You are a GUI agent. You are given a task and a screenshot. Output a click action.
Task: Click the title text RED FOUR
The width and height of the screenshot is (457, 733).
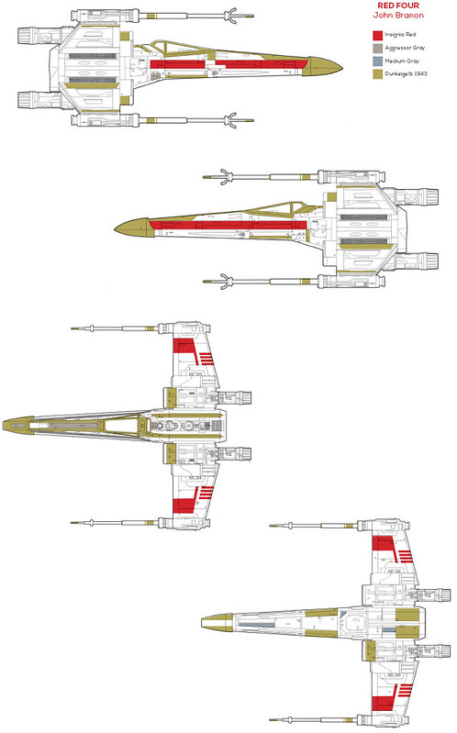[398, 6]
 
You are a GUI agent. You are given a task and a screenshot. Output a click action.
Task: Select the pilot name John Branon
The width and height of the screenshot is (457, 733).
[398, 16]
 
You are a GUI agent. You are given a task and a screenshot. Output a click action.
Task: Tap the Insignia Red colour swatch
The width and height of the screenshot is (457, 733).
[378, 35]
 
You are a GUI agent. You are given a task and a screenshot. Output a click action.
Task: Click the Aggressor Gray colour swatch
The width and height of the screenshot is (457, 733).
[378, 48]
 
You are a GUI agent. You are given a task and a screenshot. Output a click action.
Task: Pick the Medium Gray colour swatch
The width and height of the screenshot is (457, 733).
[378, 61]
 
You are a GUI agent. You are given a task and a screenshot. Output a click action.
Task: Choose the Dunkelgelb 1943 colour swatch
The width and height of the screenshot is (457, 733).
[378, 74]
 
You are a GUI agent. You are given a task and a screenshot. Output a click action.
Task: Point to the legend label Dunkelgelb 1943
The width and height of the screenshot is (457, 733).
[406, 74]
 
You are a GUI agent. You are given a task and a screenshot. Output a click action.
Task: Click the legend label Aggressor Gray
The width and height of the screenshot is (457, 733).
[405, 48]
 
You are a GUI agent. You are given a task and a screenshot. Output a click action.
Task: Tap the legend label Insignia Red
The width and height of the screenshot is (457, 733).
[400, 35]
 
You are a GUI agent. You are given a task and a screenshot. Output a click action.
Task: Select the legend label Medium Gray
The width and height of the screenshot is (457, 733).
[402, 61]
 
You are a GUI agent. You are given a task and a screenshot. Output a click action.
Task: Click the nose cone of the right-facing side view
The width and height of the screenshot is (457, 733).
[323, 67]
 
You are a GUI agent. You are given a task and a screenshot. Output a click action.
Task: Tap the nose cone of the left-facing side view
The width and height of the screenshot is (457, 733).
[134, 228]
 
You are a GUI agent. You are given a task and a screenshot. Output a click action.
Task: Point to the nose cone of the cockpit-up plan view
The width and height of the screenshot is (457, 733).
[17, 426]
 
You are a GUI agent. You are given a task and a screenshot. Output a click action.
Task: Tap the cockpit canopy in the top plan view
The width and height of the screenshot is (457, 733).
[123, 426]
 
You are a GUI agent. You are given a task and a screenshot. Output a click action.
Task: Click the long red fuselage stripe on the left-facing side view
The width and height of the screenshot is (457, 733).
[228, 226]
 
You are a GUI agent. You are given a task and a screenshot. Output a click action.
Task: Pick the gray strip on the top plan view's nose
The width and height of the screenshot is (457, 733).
[70, 426]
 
